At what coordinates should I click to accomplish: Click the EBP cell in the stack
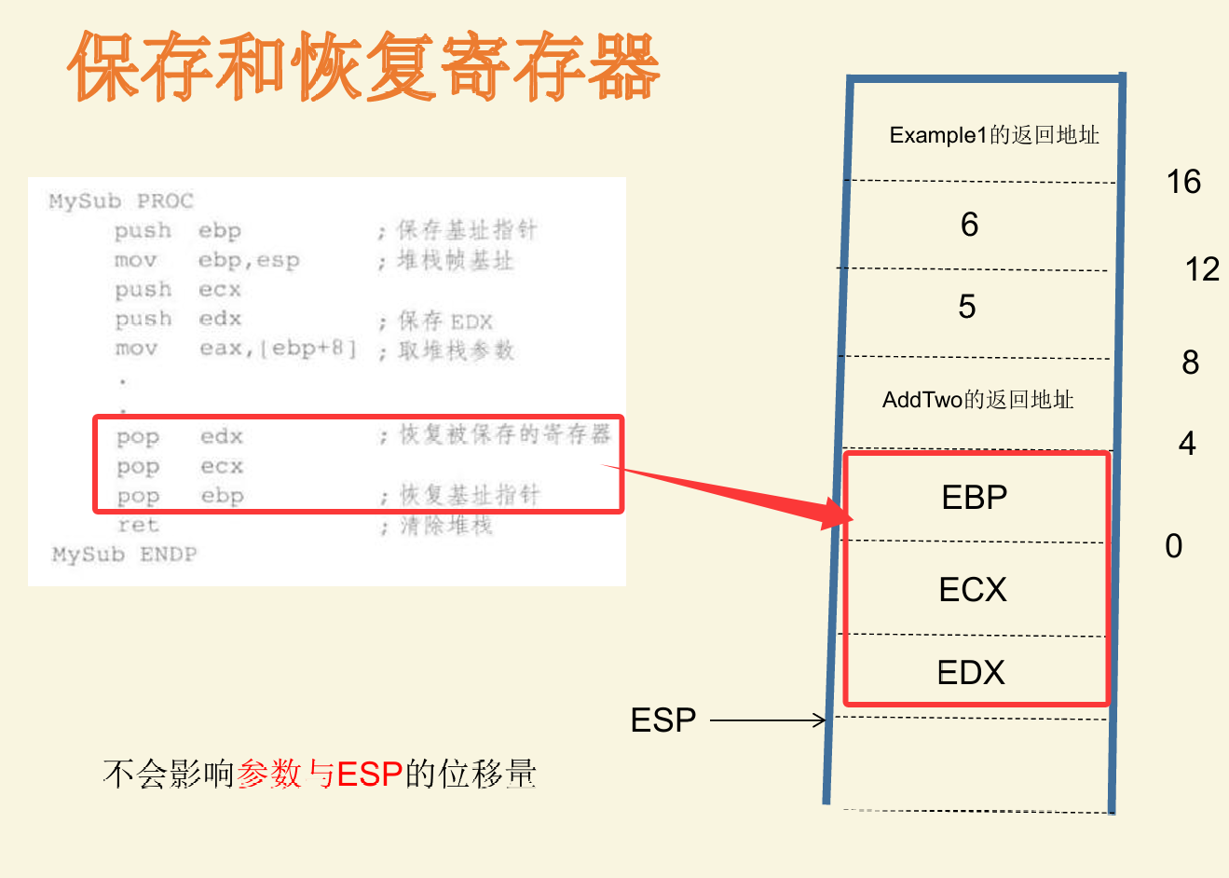pos(975,497)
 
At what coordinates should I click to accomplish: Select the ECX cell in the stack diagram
pos(973,589)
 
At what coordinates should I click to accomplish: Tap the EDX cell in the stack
pos(971,672)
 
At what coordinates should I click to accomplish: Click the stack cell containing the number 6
pos(969,225)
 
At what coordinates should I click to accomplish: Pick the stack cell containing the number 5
pos(967,307)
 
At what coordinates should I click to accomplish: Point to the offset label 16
pos(1183,182)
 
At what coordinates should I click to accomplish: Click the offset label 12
pos(1202,269)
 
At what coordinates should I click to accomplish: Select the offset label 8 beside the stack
pos(1190,363)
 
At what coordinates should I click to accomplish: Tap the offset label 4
pos(1187,443)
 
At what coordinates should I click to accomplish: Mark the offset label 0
pos(1173,546)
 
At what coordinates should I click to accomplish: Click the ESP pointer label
pos(663,720)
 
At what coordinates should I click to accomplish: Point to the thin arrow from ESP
pos(769,720)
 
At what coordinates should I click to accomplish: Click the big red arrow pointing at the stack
pos(736,494)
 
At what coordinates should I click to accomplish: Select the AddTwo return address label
pos(977,400)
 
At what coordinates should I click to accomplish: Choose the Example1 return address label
pos(994,135)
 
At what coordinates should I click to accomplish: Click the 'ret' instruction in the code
pos(138,526)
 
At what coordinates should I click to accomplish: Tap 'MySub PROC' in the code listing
pos(121,201)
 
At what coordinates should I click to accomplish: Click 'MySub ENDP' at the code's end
pos(124,555)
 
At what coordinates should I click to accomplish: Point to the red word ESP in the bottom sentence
pos(369,774)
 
